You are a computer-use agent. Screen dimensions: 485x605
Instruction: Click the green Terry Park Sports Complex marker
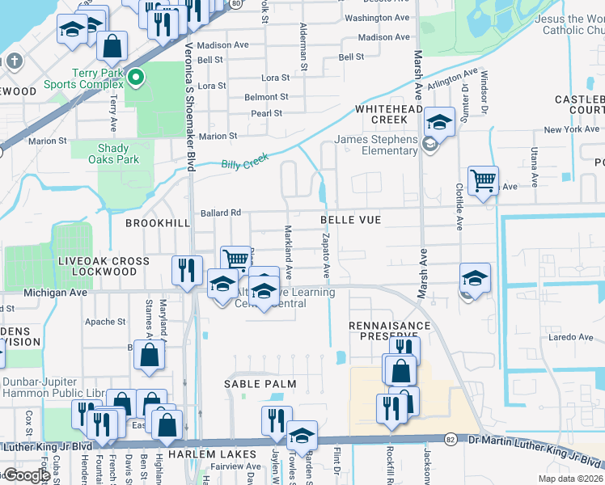pyautogui.click(x=136, y=78)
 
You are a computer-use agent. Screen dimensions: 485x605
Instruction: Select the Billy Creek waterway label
pyautogui.click(x=244, y=162)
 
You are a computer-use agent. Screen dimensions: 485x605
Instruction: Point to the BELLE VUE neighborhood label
pyautogui.click(x=350, y=220)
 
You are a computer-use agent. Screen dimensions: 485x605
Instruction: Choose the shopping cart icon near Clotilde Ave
pyautogui.click(x=483, y=180)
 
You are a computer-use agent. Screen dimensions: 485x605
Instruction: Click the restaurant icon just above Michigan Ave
pyautogui.click(x=187, y=269)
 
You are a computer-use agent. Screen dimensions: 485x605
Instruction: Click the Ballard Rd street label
pyautogui.click(x=221, y=213)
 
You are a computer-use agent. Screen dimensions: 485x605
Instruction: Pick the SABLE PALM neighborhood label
pyautogui.click(x=261, y=384)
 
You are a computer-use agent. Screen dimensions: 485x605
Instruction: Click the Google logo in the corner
pyautogui.click(x=26, y=475)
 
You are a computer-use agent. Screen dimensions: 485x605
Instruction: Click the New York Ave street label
pyautogui.click(x=571, y=129)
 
